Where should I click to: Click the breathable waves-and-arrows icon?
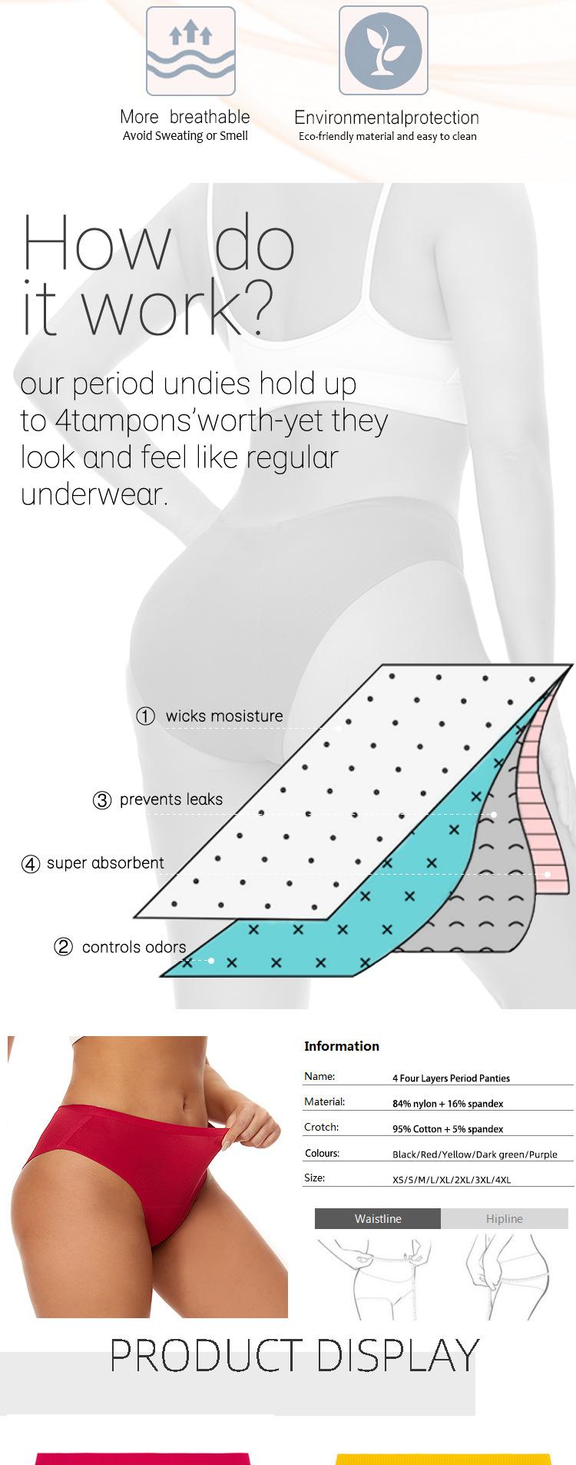pyautogui.click(x=190, y=51)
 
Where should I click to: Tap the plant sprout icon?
pyautogui.click(x=383, y=51)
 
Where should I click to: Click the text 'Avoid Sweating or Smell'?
pyautogui.click(x=185, y=136)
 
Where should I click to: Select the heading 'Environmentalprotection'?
pyautogui.click(x=386, y=118)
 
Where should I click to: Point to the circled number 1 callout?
pyautogui.click(x=145, y=716)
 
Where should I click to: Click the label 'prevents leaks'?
pyautogui.click(x=171, y=799)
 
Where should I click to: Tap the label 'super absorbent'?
pyautogui.click(x=105, y=863)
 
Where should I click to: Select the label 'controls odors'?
pyautogui.click(x=134, y=947)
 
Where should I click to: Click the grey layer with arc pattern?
pyautogui.click(x=492, y=884)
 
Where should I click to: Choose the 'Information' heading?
pyautogui.click(x=342, y=1046)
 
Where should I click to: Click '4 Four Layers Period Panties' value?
pyautogui.click(x=451, y=1078)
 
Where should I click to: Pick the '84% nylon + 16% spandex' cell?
pyautogui.click(x=448, y=1104)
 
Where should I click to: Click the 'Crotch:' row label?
pyautogui.click(x=321, y=1127)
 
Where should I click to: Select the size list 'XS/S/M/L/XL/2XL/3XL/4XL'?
pyautogui.click(x=452, y=1180)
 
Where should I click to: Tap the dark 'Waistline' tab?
pyautogui.click(x=378, y=1218)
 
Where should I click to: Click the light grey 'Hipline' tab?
pyautogui.click(x=505, y=1218)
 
